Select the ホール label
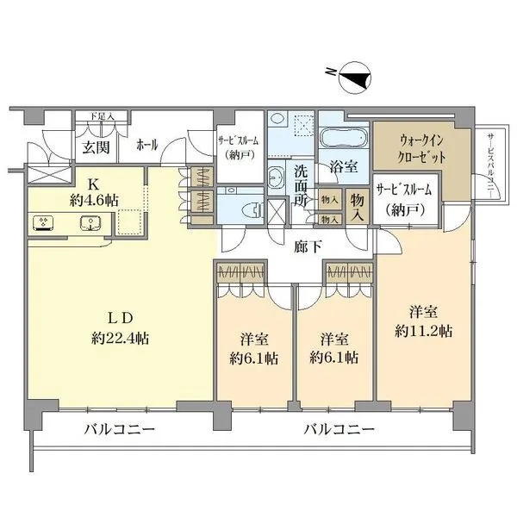coord(146,145)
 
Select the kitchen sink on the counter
coord(90,224)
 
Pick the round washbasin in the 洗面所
coord(277,178)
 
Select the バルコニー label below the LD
coord(120,428)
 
